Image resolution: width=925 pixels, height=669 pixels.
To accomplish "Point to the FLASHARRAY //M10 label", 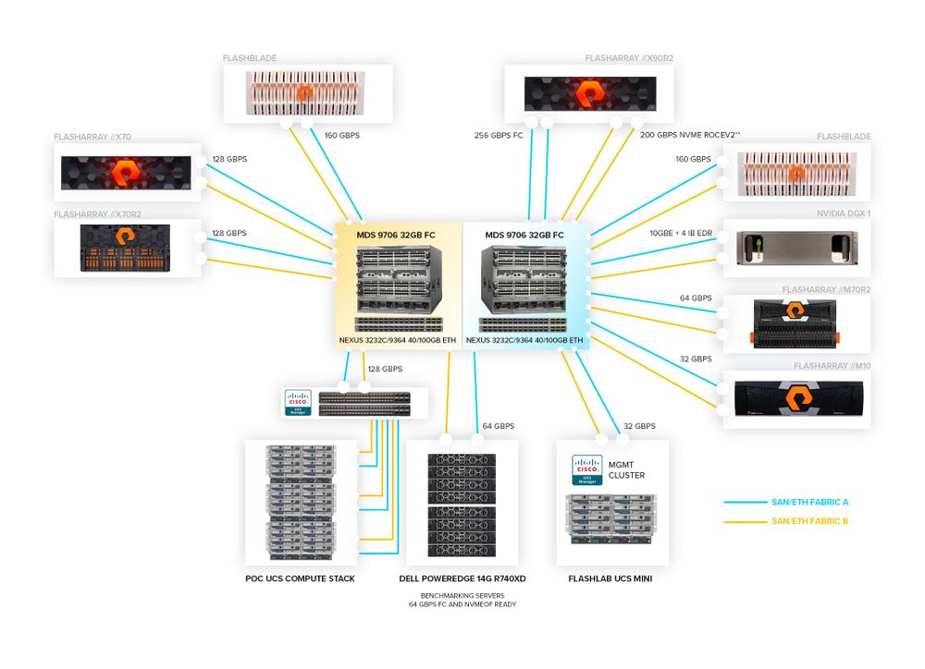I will [832, 366].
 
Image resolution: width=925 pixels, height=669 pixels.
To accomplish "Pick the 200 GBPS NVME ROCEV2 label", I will [689, 135].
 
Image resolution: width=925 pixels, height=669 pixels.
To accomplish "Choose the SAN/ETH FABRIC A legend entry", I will [809, 502].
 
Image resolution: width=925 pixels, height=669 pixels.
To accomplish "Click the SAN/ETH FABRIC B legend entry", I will [809, 521].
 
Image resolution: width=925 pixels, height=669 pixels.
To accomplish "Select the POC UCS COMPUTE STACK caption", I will [299, 578].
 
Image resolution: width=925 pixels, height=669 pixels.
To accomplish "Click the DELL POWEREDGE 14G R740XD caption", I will [462, 578].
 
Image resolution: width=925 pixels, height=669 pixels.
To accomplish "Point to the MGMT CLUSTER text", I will [626, 469].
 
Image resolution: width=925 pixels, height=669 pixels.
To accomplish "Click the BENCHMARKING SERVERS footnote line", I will [462, 596].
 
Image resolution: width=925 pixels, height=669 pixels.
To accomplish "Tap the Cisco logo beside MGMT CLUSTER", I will [586, 470].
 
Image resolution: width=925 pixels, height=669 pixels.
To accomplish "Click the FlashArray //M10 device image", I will [797, 397].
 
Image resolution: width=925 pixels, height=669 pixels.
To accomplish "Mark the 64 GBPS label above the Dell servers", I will [498, 426].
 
